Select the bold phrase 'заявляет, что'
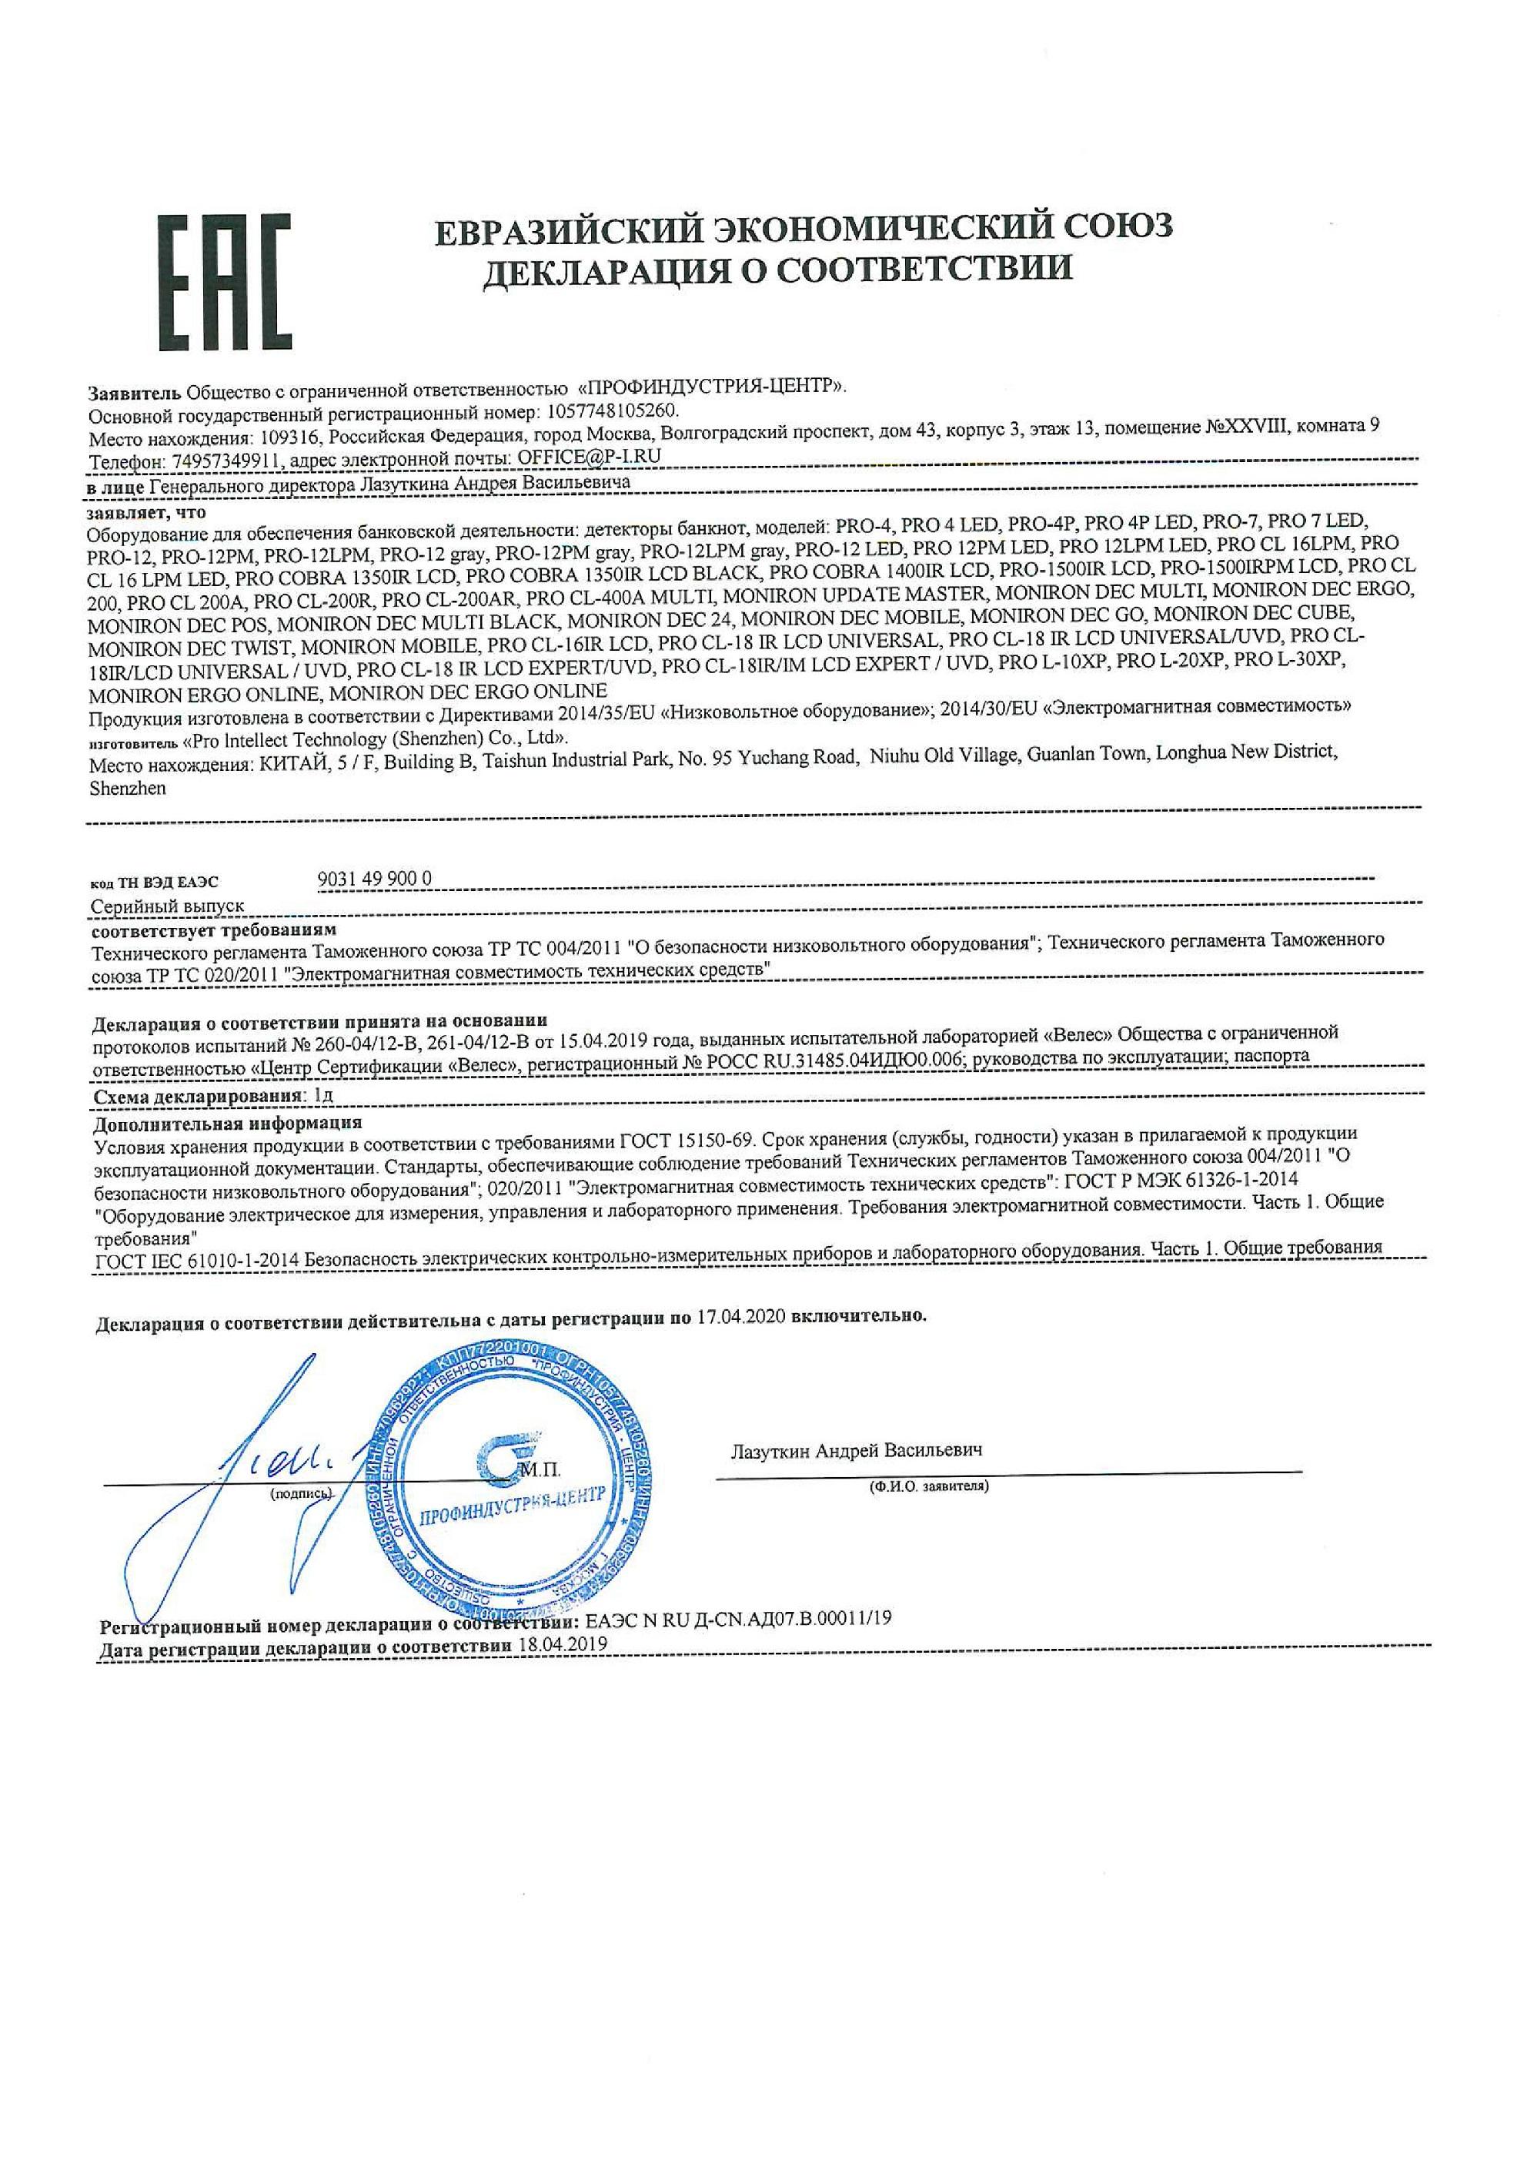145,513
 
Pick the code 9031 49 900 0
376,878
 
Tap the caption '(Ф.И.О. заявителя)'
929,1486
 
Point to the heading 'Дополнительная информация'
228,1123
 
